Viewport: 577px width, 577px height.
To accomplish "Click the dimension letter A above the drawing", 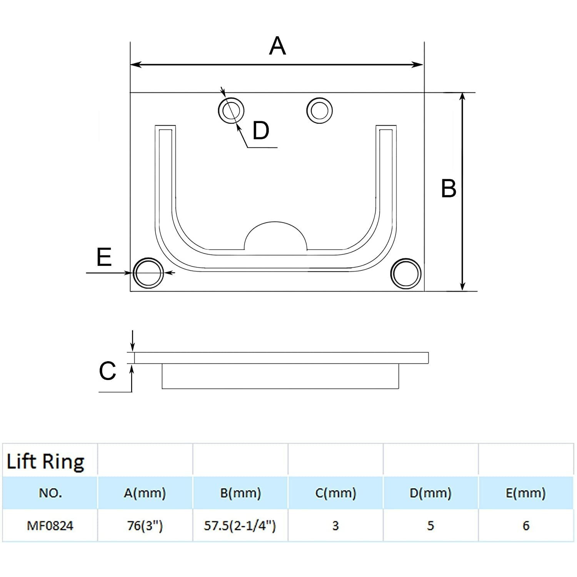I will (277, 46).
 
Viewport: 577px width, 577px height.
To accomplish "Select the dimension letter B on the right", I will (449, 188).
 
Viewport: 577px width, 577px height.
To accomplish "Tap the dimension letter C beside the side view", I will (107, 371).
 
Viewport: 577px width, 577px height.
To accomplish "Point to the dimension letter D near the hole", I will (261, 130).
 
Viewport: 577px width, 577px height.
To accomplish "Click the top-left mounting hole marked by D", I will (231, 110).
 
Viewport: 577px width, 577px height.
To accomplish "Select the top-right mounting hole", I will (319, 110).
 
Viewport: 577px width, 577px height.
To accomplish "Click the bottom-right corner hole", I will (405, 273).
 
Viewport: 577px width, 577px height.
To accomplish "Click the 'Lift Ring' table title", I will (45, 461).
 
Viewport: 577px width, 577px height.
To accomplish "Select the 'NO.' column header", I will (50, 493).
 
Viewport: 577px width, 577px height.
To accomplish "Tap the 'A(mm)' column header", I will (145, 493).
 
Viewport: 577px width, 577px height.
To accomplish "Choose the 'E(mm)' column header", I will (525, 493).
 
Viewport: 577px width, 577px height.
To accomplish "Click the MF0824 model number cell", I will (50, 525).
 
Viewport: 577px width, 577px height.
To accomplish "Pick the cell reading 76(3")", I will (145, 525).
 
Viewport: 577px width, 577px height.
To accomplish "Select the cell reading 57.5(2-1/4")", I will (240, 525).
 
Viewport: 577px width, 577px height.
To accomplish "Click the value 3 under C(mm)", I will (335, 525).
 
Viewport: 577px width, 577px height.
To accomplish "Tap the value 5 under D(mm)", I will (430, 525).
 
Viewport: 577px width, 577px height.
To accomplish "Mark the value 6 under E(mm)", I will (526, 525).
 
